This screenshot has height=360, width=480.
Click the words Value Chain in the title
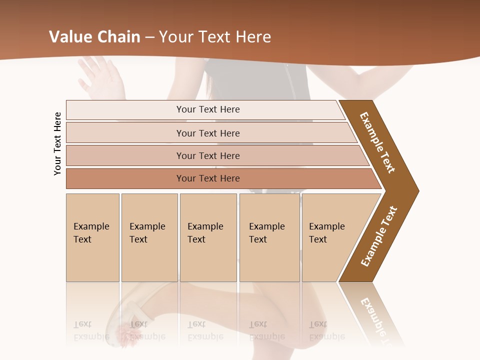coord(94,37)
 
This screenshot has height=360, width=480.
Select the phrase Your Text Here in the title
coord(215,37)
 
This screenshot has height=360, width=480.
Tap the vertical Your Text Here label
coord(57,143)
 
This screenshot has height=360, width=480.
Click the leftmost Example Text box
coord(92,237)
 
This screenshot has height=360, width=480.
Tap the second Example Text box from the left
coord(149,237)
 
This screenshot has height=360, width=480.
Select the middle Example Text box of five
coord(208,237)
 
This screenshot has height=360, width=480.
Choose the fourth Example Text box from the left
coord(269,237)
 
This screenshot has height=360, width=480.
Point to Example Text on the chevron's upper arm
coord(377,142)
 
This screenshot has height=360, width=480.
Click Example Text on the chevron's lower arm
coord(379,236)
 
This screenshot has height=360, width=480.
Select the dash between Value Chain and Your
coord(149,37)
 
